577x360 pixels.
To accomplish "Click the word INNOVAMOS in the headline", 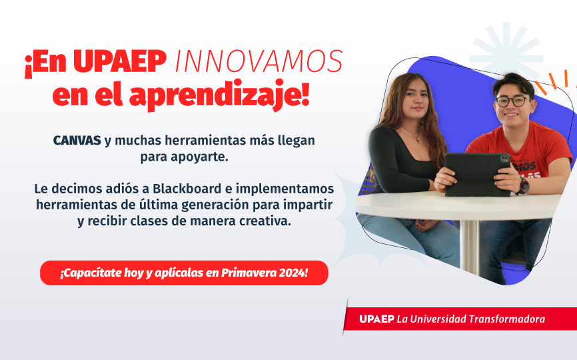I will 259,63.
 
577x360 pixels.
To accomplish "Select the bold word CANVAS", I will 77,141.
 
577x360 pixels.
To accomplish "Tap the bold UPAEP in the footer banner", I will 376,319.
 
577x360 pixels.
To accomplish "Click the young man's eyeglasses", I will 512,101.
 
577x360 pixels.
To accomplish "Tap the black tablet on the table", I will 476,173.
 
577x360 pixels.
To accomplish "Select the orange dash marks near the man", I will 552,83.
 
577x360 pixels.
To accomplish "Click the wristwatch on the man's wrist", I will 524,185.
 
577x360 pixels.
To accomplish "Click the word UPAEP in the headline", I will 120,63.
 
